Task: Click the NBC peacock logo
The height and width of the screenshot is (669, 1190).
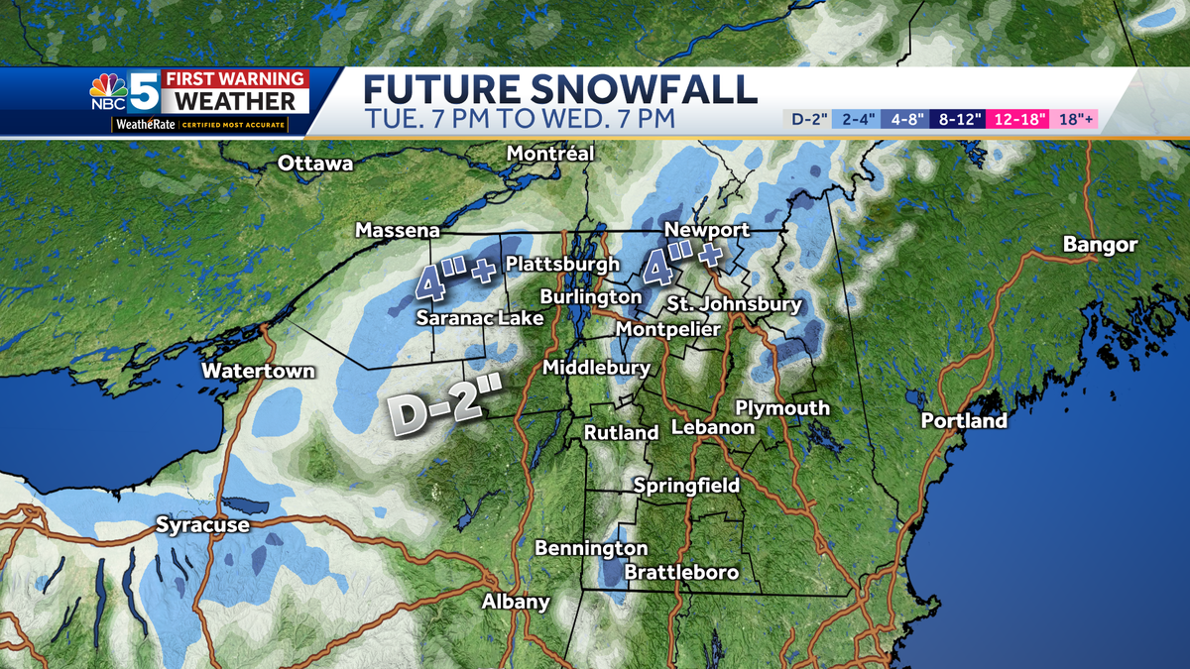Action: tap(108, 91)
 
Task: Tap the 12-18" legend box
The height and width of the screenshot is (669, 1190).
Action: tap(1014, 120)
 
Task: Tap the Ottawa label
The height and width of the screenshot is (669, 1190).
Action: tap(315, 164)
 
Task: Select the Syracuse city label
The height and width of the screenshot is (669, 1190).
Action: tap(202, 525)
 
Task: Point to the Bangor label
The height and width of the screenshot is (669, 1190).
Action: tap(1100, 245)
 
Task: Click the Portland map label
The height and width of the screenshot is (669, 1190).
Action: tap(963, 421)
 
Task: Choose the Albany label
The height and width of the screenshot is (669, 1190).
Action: tap(516, 602)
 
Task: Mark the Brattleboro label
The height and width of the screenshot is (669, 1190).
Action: tap(681, 573)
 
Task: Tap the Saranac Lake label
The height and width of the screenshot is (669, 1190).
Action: tap(479, 318)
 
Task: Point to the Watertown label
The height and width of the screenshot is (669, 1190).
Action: tap(258, 372)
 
